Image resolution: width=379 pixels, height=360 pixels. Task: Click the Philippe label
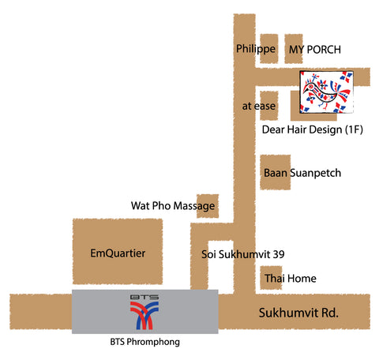[x=256, y=49]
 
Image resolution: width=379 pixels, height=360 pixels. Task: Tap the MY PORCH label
[x=315, y=50]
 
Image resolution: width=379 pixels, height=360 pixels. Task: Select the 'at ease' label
[x=259, y=106]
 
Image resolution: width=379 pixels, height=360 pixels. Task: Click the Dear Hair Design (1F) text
[x=313, y=129]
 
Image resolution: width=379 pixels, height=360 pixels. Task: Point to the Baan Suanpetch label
[x=302, y=173]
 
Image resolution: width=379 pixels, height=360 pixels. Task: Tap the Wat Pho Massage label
[x=173, y=206]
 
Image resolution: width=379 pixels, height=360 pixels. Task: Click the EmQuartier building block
[x=118, y=251]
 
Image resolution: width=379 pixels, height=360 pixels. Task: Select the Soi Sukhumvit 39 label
[x=243, y=254]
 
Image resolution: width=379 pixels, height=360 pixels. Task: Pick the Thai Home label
[x=291, y=278]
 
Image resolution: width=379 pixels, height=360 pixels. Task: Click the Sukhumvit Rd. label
[x=298, y=313]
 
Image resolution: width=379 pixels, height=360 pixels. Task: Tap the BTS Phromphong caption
[x=145, y=342]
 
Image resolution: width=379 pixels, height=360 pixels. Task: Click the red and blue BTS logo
[x=144, y=316]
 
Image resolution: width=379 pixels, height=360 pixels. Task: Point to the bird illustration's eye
[x=311, y=86]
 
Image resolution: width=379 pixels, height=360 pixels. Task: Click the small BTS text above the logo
[x=144, y=298]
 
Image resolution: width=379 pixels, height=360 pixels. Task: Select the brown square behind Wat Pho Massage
[x=208, y=206]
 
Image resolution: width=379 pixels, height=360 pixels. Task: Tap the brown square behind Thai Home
[x=271, y=278]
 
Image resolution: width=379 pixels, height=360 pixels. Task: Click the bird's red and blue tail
[x=343, y=96]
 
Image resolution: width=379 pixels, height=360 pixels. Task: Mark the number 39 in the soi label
[x=279, y=254]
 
